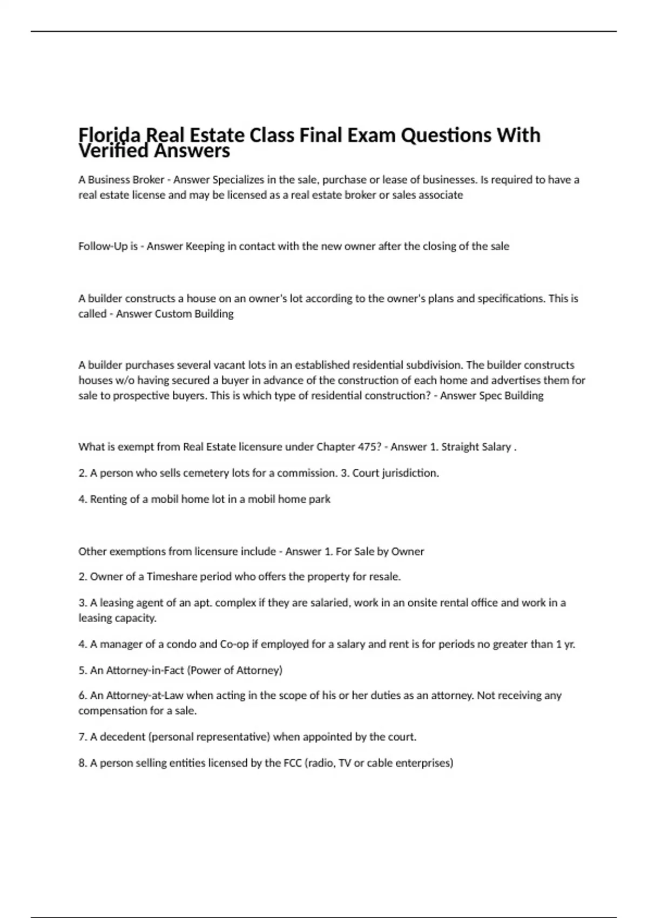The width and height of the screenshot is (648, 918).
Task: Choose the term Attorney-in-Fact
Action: point(145,670)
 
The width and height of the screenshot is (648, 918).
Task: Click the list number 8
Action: point(82,763)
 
